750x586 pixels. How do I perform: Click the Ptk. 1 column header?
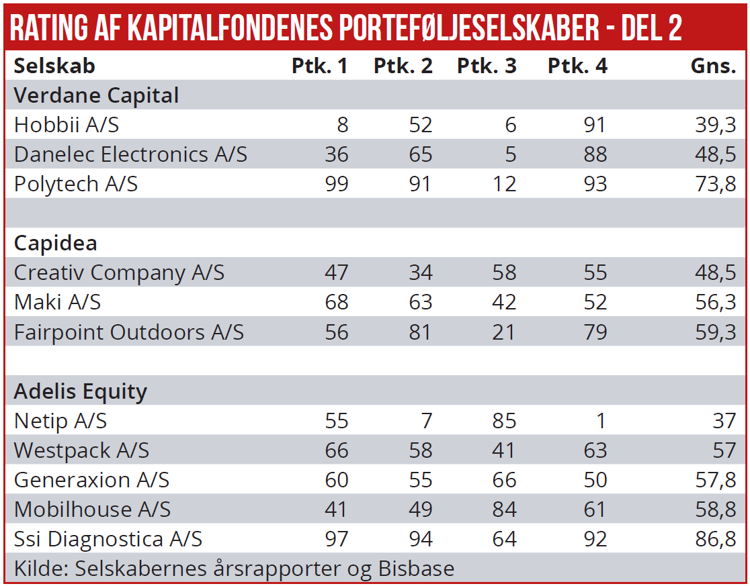click(319, 66)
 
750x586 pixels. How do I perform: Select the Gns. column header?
click(714, 66)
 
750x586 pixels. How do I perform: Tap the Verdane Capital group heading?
click(96, 95)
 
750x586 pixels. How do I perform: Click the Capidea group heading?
click(56, 243)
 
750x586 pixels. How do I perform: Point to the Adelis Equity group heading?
click(80, 391)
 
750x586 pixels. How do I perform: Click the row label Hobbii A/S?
click(67, 125)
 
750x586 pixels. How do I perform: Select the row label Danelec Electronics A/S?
click(130, 154)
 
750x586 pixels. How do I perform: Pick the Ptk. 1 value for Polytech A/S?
click(336, 184)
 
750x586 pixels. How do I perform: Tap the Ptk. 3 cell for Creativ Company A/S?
click(504, 273)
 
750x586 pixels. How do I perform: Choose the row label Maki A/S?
click(57, 302)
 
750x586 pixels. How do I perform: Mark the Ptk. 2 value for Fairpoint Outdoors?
click(420, 332)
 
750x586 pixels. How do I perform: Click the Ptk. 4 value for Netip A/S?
click(600, 421)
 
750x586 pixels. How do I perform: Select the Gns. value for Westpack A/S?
click(724, 450)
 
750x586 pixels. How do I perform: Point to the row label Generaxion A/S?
click(91, 480)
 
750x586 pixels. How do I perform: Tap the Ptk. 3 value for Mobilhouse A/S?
click(504, 509)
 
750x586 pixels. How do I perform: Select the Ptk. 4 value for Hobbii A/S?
click(595, 125)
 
